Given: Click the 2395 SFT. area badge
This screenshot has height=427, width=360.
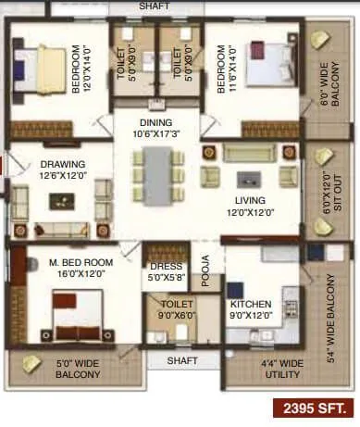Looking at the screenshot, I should pyautogui.click(x=313, y=408).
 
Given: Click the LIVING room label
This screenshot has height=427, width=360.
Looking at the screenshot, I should pyautogui.click(x=250, y=200).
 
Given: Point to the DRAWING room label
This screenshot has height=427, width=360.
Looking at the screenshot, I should pyautogui.click(x=62, y=164).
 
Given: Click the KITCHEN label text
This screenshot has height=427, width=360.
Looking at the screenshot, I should pyautogui.click(x=250, y=304).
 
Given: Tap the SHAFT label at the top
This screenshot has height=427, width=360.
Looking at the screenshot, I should pyautogui.click(x=155, y=6).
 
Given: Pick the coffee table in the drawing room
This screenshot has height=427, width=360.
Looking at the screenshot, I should pyautogui.click(x=61, y=198).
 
